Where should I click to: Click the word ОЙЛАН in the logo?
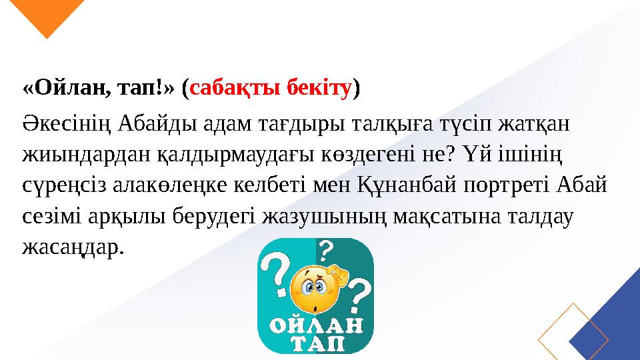point(316,327)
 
